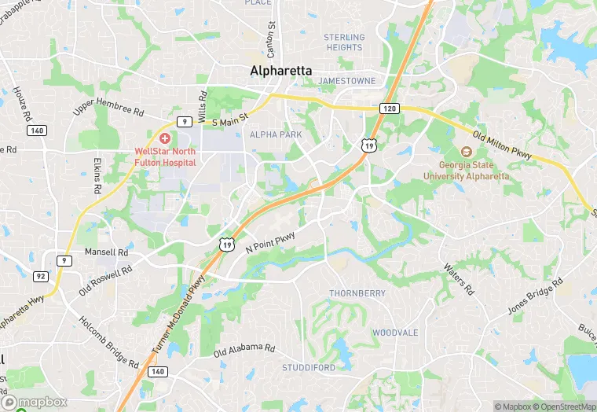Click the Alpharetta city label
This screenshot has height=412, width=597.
[280, 71]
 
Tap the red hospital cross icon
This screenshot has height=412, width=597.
[164, 138]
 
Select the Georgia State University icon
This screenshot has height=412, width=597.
[465, 152]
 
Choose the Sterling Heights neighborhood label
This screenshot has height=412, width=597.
[344, 42]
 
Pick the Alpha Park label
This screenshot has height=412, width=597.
[276, 135]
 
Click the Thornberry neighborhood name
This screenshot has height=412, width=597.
[357, 293]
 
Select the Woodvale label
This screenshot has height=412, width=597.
[394, 333]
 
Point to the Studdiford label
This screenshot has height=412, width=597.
[309, 367]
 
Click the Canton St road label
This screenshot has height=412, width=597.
[272, 37]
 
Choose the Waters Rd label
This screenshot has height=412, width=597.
[460, 280]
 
